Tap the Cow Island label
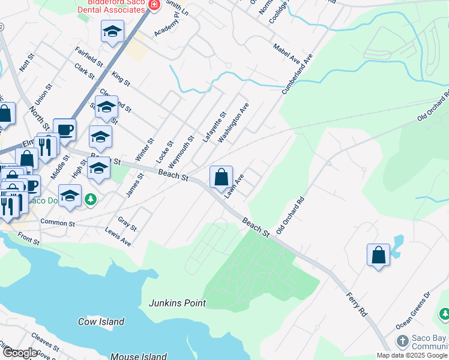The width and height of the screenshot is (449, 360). click(101, 322)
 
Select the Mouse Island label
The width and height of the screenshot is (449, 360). click(139, 356)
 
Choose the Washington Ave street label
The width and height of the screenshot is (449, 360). click(234, 122)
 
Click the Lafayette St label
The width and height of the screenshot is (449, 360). click(214, 127)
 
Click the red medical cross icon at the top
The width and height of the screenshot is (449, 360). click(154, 5)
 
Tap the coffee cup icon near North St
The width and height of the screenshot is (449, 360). click(64, 129)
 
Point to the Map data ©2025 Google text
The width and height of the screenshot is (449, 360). click(412, 355)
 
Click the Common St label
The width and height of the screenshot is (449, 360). click(57, 222)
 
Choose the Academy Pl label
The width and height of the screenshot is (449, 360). click(166, 25)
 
